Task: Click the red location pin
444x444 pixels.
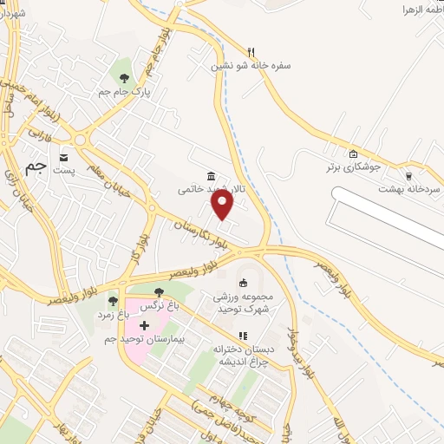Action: pos(223,205)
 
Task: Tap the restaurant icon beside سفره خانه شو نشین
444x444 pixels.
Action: pos(251,51)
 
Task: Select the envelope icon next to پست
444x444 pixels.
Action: pos(64,157)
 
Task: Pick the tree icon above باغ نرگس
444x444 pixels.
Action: pos(158,292)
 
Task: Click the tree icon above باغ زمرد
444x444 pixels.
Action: pos(113,300)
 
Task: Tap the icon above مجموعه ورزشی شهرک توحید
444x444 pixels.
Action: pos(244,282)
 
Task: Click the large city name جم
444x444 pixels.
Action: pos(34,168)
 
